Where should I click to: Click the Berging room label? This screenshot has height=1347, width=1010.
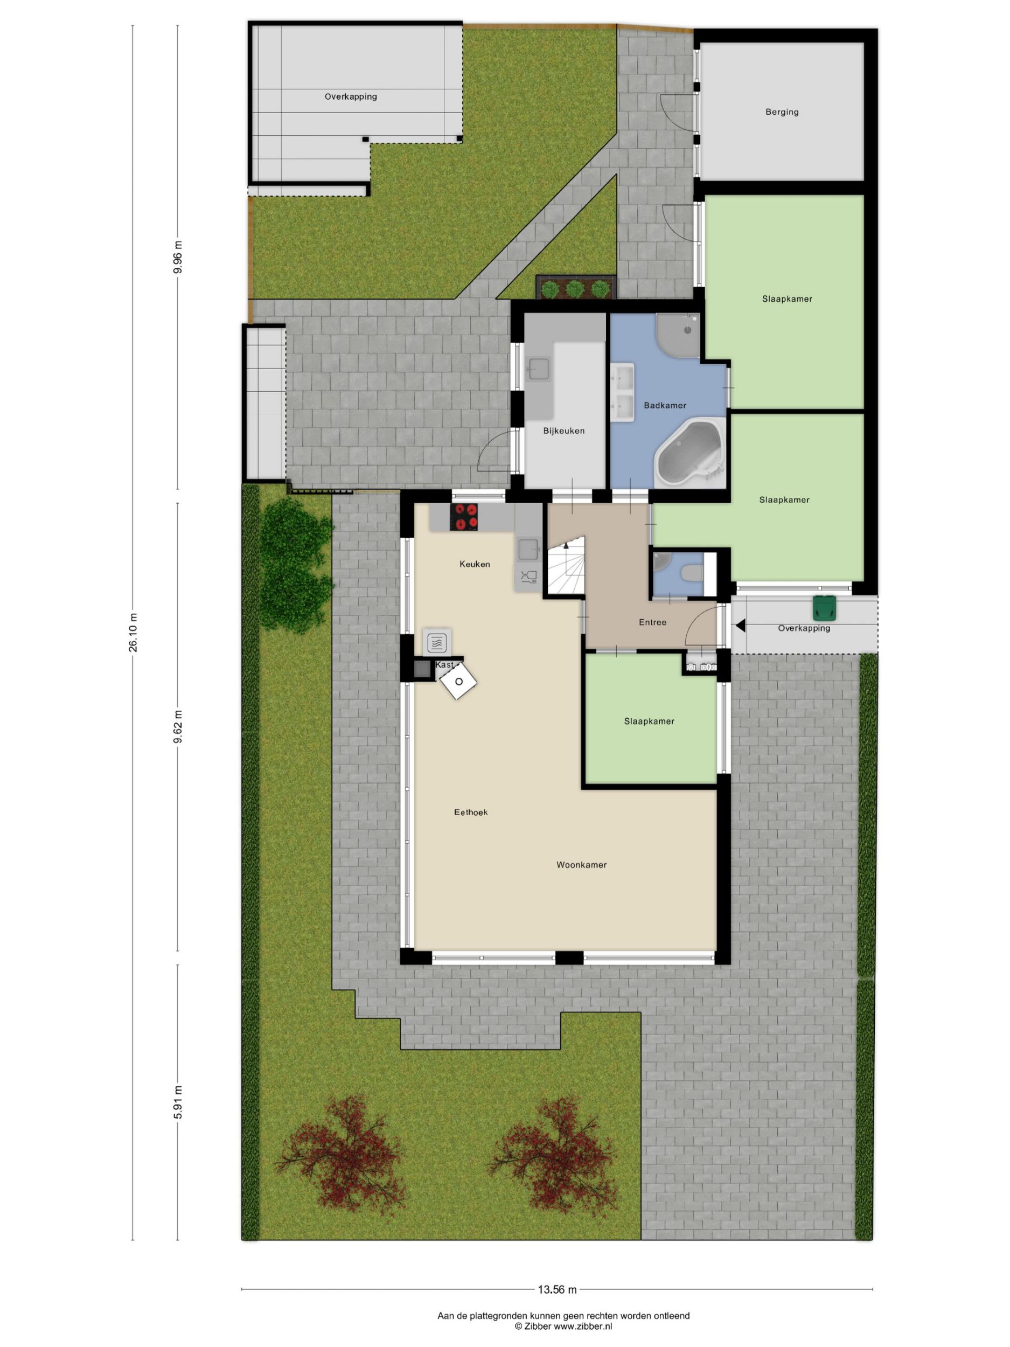[782, 112]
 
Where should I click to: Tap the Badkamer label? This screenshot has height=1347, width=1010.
[665, 406]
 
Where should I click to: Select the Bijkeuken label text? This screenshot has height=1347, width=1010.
[564, 431]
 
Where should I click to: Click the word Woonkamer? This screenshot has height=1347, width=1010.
[581, 865]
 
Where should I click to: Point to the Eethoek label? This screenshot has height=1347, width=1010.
[471, 813]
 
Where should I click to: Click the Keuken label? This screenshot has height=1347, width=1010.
[474, 565]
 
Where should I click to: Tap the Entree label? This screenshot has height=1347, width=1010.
[653, 622]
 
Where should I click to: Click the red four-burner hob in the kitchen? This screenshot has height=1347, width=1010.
[463, 517]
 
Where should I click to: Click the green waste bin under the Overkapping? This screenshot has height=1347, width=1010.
[824, 608]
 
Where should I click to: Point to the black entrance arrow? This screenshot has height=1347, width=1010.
[740, 626]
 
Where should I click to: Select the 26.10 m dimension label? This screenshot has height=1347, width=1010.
[133, 633]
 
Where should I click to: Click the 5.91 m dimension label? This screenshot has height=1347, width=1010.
[178, 1102]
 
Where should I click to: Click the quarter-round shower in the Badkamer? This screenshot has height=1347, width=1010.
[677, 336]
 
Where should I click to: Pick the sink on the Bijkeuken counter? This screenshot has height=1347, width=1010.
[539, 369]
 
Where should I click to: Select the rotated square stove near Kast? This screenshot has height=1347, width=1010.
[458, 682]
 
